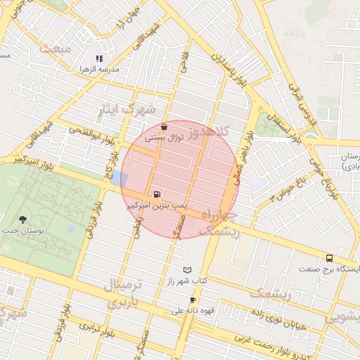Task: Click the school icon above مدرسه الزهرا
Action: point(99,59)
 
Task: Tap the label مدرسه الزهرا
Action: point(101,70)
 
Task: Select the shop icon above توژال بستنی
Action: point(165,128)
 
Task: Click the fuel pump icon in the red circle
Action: point(155,193)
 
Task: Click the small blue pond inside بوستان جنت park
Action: point(70,229)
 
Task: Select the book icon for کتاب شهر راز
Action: point(186,270)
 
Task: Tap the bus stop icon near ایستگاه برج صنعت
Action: point(329,258)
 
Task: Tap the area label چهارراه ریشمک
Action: point(220,222)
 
